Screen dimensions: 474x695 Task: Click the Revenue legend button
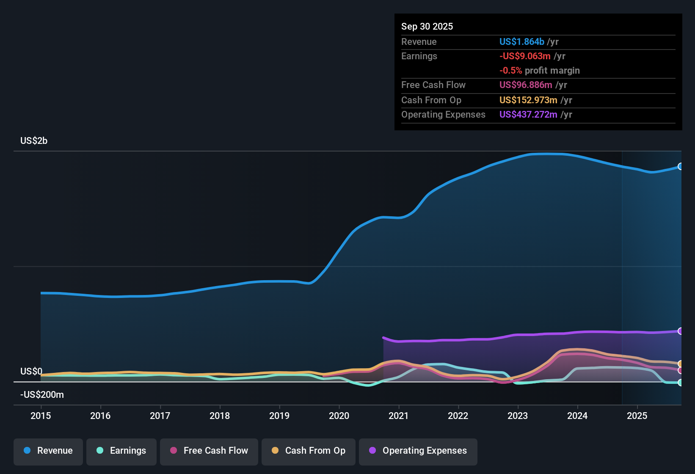48,451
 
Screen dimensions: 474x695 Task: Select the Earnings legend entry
121,451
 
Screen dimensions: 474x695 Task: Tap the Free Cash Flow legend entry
209,451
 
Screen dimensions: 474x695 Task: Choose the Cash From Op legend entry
309,451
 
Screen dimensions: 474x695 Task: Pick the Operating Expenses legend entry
418,451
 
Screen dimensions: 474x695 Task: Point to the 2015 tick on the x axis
41,416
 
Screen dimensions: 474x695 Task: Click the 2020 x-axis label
339,416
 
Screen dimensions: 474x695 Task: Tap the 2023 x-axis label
518,416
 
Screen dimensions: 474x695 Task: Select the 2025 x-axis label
637,416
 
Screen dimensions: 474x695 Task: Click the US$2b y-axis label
34,141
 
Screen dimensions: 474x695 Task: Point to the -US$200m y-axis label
42,395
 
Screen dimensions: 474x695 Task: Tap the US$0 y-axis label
31,372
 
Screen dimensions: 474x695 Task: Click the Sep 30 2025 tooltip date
427,27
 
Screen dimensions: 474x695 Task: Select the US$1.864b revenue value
521,42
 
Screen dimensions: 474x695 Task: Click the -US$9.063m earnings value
525,56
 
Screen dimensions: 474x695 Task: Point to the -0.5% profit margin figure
510,71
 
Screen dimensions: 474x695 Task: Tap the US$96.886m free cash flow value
526,85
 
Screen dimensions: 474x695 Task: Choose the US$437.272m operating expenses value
528,115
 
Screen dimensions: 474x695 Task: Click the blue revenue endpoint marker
680,166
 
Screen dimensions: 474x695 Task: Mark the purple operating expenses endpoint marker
680,331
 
